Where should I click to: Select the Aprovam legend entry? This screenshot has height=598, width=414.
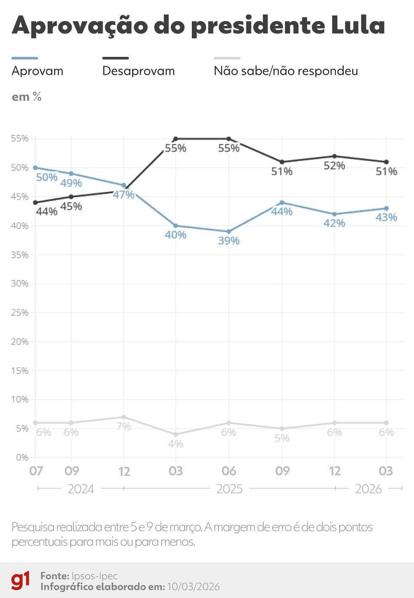(x=37, y=71)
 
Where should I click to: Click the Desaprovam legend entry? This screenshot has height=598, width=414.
(x=138, y=71)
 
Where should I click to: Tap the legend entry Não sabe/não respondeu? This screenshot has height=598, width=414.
(x=286, y=71)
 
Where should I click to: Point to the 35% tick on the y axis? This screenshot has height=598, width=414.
(x=20, y=255)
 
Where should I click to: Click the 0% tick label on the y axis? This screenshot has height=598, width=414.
(x=22, y=457)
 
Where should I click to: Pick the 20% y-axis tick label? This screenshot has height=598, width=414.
(x=20, y=342)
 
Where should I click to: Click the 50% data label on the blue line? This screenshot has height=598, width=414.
(x=46, y=177)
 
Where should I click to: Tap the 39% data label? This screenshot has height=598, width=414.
(x=228, y=241)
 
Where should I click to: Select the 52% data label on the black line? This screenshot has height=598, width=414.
(x=334, y=166)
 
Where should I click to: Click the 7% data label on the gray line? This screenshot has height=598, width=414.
(x=124, y=427)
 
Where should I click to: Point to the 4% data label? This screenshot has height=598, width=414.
(x=175, y=444)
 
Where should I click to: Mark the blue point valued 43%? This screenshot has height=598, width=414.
(x=386, y=208)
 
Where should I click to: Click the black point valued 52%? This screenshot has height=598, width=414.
(x=334, y=156)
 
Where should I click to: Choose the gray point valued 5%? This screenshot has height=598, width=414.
(x=282, y=429)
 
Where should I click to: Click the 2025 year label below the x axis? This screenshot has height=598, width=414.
(x=229, y=489)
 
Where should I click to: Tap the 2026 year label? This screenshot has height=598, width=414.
(x=368, y=489)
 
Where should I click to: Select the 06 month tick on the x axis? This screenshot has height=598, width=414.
(x=229, y=471)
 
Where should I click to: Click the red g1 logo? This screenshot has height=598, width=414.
(x=21, y=581)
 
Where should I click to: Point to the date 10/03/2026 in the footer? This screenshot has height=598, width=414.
(x=193, y=587)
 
